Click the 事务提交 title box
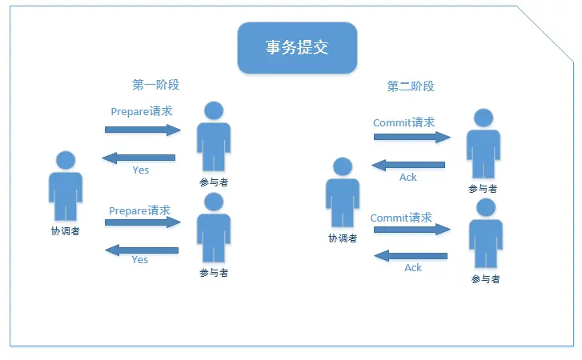coord(297,48)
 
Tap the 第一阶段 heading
coord(155,84)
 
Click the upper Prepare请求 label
coord(142,111)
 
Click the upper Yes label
coord(140,170)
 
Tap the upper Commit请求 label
coord(403,122)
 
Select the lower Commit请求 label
coord(401,218)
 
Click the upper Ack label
coord(408,177)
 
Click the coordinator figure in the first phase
coord(65,186)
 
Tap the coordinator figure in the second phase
coord(342,193)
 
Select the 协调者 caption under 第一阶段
coord(65,231)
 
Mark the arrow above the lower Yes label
coord(142,250)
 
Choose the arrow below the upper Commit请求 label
coord(411,137)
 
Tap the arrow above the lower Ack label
coord(411,256)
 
